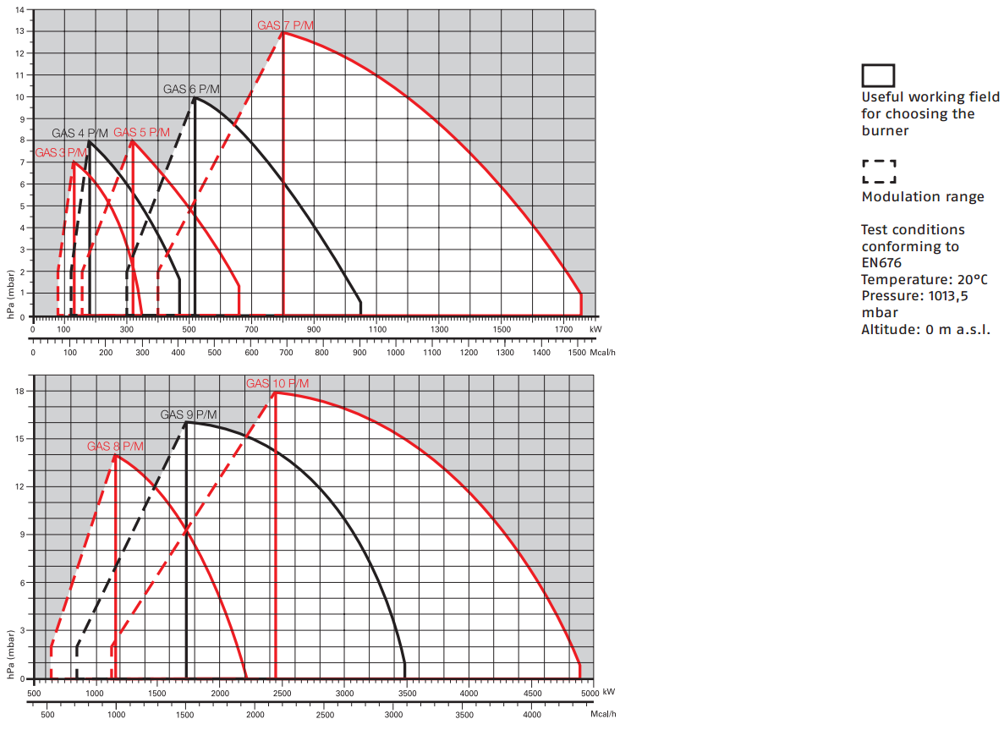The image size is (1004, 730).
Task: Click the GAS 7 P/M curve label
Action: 285,25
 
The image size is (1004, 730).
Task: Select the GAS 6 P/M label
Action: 191,89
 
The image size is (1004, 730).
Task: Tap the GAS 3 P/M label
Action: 61,153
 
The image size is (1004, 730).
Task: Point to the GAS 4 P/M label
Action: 80,133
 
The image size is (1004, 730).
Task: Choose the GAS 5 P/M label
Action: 141,133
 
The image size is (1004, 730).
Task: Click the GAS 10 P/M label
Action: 277,383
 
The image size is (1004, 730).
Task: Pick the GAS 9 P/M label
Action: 189,414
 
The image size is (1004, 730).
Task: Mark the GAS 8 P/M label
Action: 115,446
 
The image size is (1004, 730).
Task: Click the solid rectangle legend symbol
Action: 878,75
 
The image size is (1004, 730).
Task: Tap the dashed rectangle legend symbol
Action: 879,172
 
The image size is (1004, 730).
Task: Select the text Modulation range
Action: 923,197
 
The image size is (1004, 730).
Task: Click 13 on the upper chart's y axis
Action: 19,31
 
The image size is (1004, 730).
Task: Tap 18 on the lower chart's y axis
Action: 19,391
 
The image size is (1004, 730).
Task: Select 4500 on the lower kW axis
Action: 531,694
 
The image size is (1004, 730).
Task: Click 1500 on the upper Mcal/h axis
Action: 577,352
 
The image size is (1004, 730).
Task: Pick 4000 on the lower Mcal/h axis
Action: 531,715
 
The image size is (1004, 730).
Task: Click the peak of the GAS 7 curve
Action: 283,32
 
